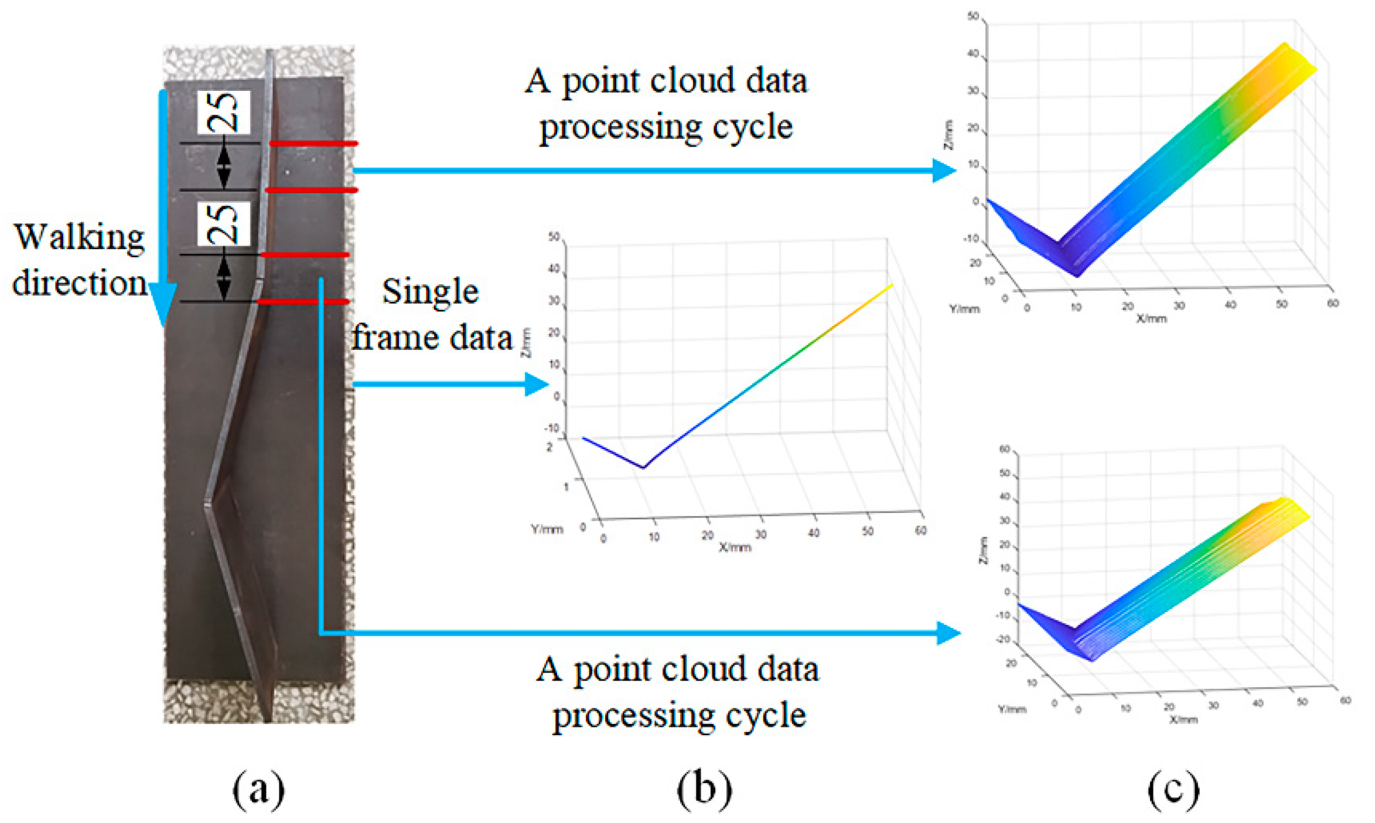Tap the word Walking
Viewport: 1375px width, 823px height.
[x=80, y=238]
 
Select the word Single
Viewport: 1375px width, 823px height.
[x=431, y=292]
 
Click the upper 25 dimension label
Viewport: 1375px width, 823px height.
[x=224, y=112]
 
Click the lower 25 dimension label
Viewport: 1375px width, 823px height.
[x=224, y=223]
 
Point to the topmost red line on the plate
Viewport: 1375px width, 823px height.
[x=313, y=143]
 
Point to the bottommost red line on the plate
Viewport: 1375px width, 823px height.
[x=303, y=301]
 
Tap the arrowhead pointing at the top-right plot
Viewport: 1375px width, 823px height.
[x=944, y=171]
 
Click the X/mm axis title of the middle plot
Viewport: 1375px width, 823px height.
[x=735, y=547]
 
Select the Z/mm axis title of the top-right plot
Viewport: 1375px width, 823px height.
[x=948, y=135]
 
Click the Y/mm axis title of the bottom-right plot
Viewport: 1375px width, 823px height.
[x=1012, y=709]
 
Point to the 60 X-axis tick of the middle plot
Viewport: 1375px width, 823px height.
[x=921, y=530]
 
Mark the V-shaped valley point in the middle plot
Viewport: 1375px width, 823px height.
[x=643, y=467]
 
